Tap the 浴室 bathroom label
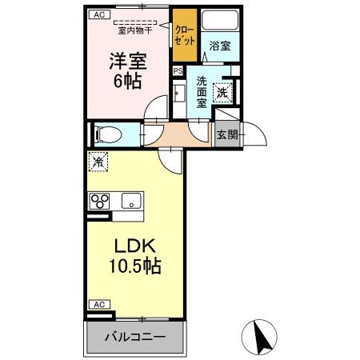click(x=219, y=46)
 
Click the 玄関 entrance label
click(x=227, y=134)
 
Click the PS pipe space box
click(x=178, y=70)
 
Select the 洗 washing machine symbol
click(x=225, y=92)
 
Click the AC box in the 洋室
click(x=98, y=14)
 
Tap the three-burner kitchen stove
click(x=101, y=201)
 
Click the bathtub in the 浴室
click(x=218, y=21)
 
